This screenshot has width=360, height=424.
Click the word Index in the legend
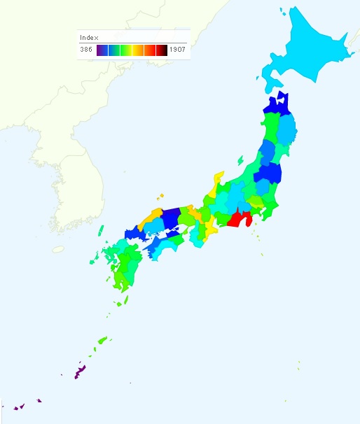(89, 37)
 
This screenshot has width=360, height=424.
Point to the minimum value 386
(86, 50)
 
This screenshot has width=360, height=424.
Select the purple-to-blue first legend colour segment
(102, 50)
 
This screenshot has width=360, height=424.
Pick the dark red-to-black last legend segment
(162, 50)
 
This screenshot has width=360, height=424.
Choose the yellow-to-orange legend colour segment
(138, 50)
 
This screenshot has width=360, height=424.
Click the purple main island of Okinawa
(80, 370)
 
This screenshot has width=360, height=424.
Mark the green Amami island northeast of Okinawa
(102, 341)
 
